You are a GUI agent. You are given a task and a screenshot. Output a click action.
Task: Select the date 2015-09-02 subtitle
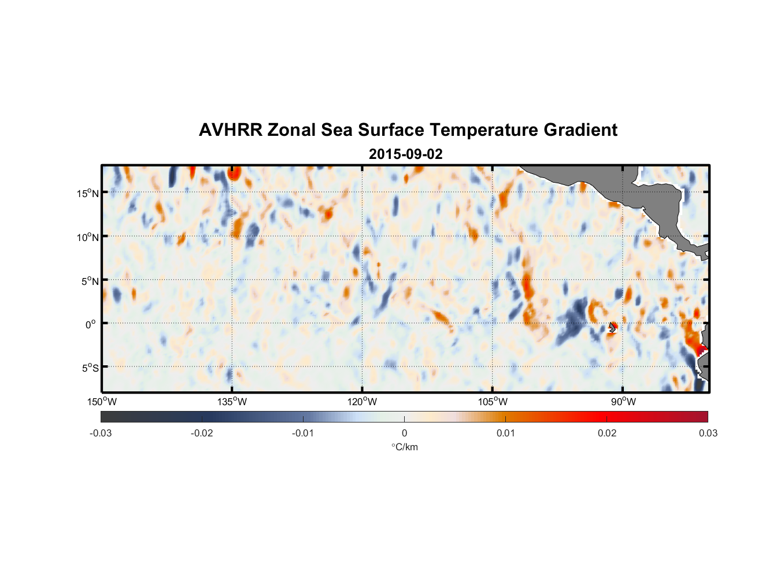tap(405, 154)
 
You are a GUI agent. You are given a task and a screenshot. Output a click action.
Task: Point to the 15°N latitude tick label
tap(87, 193)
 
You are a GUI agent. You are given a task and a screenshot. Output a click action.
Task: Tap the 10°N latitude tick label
tap(87, 237)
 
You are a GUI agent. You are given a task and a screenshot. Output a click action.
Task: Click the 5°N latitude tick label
tap(90, 281)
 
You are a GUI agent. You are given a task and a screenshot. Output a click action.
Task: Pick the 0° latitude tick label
tap(91, 324)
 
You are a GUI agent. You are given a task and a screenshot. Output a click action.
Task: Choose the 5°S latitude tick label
tap(90, 368)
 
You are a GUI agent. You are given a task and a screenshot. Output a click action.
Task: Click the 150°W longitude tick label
tap(102, 402)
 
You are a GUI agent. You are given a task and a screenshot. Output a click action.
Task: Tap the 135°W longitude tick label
tap(232, 402)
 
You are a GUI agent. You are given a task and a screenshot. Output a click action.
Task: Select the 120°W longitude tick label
tap(362, 402)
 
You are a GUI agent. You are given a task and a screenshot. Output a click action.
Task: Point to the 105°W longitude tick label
tap(493, 402)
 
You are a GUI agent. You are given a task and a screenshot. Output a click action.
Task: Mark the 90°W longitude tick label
tap(623, 402)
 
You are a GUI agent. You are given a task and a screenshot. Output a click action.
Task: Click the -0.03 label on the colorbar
tap(101, 433)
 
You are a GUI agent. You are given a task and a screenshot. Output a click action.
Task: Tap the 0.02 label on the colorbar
tap(607, 433)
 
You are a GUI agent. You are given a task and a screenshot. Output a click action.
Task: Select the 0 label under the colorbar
tap(404, 433)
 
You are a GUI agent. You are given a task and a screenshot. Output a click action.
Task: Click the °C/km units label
tap(405, 447)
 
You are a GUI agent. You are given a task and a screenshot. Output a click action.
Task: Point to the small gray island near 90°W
tap(612, 327)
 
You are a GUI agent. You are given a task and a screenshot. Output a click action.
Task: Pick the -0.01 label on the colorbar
tap(303, 433)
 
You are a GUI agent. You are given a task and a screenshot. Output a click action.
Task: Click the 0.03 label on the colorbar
tap(708, 433)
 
